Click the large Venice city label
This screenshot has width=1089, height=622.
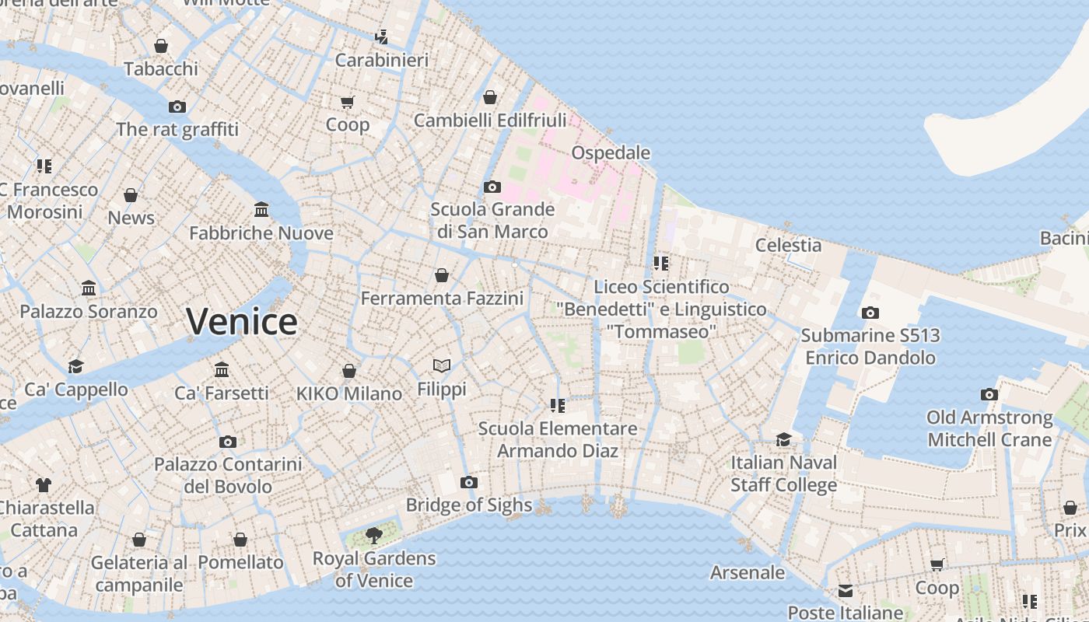point(242,321)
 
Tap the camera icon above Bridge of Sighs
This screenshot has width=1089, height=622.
point(468,482)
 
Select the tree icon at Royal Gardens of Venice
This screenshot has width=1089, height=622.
point(374,535)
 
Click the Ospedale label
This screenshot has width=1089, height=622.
point(611,152)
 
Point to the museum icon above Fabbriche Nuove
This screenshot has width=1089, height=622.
point(261,210)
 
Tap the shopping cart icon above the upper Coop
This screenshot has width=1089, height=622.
point(348,102)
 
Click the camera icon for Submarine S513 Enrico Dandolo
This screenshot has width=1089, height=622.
point(870,313)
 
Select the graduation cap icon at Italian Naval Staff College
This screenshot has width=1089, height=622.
point(783,439)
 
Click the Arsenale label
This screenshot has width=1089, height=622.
point(748,572)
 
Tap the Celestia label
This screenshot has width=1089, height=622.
point(788,245)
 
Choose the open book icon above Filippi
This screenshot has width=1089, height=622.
point(442,365)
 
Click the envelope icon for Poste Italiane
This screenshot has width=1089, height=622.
point(846,591)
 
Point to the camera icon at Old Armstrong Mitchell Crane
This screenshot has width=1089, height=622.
point(989,394)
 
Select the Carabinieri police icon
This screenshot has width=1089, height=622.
point(381,37)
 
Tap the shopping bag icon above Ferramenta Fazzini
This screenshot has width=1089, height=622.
point(442,275)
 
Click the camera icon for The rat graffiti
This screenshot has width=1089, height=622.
point(177,107)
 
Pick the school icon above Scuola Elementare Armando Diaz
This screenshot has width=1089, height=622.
point(557,405)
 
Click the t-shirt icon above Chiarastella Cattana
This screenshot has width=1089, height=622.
point(44,484)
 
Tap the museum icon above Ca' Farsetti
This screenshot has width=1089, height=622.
point(222,369)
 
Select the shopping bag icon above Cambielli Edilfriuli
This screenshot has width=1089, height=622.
point(490,97)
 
